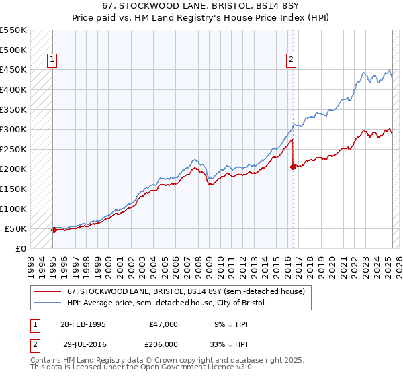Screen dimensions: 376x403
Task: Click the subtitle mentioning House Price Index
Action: point(201,18)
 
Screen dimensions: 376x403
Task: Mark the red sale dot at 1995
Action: point(54,230)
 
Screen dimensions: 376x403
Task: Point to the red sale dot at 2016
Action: point(293,167)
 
